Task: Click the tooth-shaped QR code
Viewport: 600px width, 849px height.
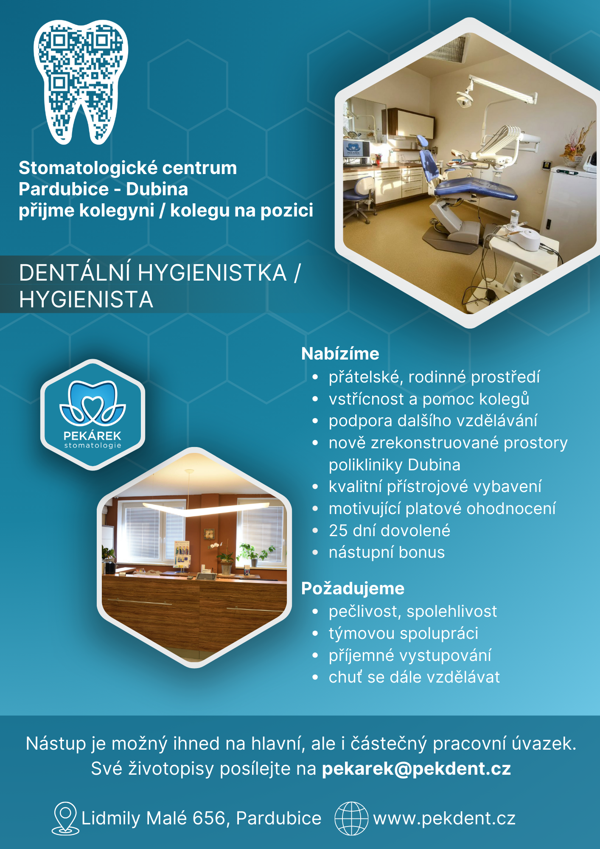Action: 81,81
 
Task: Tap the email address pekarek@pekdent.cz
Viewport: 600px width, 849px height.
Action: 416,769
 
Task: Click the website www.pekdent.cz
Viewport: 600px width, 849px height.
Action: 444,818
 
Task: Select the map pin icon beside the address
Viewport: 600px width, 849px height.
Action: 65,818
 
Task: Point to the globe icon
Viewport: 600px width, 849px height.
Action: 351,818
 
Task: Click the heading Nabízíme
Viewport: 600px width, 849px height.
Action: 340,354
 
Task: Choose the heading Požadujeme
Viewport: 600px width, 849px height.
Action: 353,589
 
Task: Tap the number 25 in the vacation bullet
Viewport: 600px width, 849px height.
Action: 338,531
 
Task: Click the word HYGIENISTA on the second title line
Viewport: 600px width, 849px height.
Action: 86,300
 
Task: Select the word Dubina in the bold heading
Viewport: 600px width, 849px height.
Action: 157,189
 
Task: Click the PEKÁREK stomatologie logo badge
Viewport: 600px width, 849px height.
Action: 93,415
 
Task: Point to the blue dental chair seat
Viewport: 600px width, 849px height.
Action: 475,189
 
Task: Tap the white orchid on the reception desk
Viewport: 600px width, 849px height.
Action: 216,548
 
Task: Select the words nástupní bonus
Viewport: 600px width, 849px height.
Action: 387,552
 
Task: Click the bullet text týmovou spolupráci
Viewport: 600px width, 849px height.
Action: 404,633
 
